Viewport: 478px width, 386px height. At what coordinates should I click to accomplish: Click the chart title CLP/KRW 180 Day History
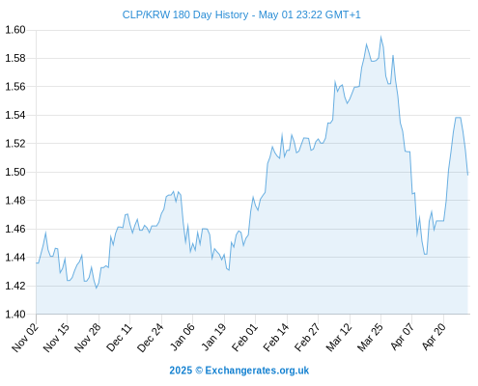point(185,14)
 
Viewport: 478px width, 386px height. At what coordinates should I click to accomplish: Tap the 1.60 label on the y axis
point(15,30)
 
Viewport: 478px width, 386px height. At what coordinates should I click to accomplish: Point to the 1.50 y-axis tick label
point(15,172)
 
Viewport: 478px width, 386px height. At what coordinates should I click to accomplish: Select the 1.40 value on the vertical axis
point(15,314)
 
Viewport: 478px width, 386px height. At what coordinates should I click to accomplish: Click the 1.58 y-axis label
point(15,58)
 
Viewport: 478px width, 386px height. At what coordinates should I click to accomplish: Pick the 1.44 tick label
point(15,258)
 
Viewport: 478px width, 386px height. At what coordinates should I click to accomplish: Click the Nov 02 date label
point(25,338)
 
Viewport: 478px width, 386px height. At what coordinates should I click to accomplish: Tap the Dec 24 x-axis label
point(151,338)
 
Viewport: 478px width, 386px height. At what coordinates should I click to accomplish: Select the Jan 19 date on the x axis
point(213,338)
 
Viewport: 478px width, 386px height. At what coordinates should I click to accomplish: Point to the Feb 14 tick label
point(276,338)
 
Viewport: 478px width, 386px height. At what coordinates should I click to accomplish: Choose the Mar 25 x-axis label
point(370,338)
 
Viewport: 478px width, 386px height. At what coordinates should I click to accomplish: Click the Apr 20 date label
point(434,338)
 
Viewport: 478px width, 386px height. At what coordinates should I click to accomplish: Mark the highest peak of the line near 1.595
point(380,37)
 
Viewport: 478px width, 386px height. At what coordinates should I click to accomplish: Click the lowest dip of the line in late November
point(96,288)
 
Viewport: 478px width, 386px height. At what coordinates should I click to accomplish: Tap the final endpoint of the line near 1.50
point(467,175)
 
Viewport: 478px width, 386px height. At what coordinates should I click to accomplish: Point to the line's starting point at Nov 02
point(37,263)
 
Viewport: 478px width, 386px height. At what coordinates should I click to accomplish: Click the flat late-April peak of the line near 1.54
point(458,118)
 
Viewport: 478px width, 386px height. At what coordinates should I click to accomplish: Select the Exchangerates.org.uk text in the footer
point(257,371)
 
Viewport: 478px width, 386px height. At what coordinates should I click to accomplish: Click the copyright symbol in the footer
point(199,371)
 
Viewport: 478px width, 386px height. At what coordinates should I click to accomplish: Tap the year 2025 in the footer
point(181,371)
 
